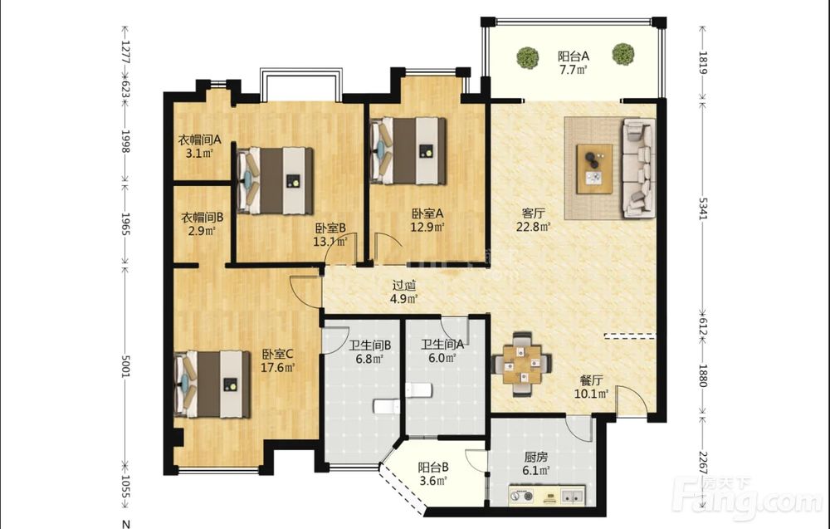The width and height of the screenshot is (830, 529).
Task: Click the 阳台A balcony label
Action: tap(574, 56)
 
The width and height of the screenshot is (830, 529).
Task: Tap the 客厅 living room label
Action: tap(533, 214)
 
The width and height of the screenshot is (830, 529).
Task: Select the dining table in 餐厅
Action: tap(522, 365)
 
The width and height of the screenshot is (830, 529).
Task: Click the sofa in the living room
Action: tap(638, 167)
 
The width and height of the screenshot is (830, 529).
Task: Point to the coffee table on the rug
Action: tap(594, 169)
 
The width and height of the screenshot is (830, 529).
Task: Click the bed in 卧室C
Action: tap(212, 384)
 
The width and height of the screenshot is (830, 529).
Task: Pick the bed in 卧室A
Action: tap(408, 151)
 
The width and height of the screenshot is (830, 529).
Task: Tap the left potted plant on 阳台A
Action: tap(528, 56)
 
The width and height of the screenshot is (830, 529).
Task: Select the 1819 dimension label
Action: tap(702, 62)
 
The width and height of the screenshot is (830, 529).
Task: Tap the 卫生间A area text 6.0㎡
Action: tap(442, 358)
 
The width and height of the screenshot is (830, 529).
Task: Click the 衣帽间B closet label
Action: tap(203, 217)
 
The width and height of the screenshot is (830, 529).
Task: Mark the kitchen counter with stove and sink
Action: tap(546, 496)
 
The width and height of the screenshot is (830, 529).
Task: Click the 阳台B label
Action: tap(433, 468)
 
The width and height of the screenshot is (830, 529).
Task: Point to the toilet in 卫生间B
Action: tap(387, 407)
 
